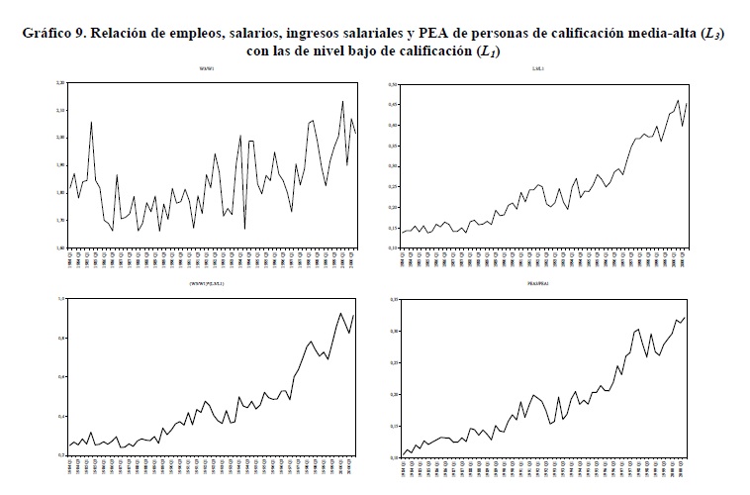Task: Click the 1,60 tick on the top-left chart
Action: tap(60, 247)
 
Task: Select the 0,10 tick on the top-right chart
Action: tap(393, 247)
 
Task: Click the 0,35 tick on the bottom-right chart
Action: tap(393, 299)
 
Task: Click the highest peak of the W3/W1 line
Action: tap(342, 101)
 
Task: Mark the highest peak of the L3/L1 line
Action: tap(678, 100)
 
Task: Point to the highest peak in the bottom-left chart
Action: tap(341, 313)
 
